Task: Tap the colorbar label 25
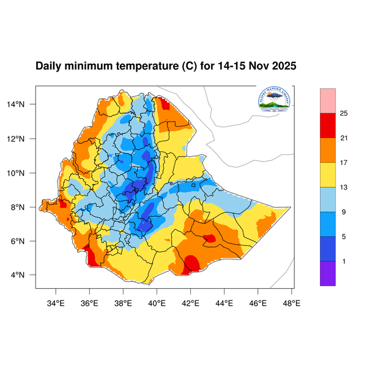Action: pos(344,113)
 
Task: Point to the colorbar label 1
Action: pos(344,261)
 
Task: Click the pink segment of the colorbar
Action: pos(328,99)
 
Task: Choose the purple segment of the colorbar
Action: pos(328,273)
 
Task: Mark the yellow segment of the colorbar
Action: pos(328,174)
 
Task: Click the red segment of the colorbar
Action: pos(328,125)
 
